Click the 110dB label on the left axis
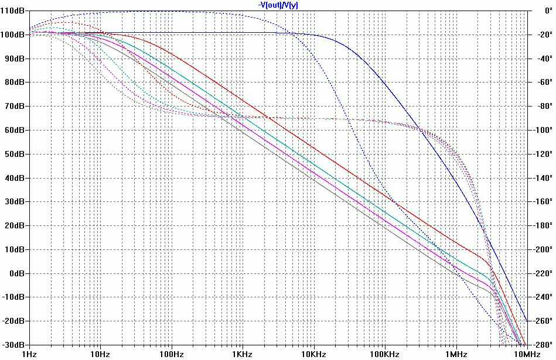coord(13,11)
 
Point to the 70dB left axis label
coord(15,107)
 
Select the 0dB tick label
coord(17,273)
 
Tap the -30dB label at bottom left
coord(13,345)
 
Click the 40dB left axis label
coord(15,178)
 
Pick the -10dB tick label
coord(13,297)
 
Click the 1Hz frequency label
coord(29,354)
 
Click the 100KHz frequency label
coord(384,354)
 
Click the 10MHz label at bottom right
coord(526,354)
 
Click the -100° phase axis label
coord(541,130)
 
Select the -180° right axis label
coord(541,225)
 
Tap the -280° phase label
coord(541,345)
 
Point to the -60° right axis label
coord(543,83)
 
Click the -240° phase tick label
coord(541,297)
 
